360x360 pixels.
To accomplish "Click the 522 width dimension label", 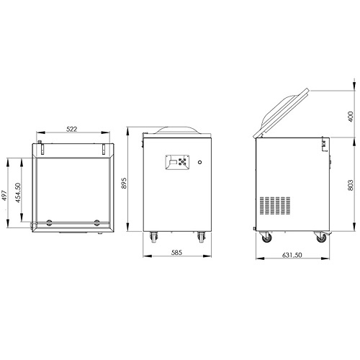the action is pos(71,129).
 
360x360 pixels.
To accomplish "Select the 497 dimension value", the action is pos(4,195).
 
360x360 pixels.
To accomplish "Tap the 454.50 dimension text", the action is pos(18,193).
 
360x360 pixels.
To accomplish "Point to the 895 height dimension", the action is pos(124,183).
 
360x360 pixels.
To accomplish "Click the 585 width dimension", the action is pos(177,253).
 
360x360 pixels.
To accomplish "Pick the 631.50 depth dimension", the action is pos(292,255).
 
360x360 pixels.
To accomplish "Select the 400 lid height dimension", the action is pos(351,117).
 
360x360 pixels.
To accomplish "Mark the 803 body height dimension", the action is pos(351,185).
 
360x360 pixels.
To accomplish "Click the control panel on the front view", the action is pos(177,163).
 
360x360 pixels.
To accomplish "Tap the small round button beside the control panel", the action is pos(199,162).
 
